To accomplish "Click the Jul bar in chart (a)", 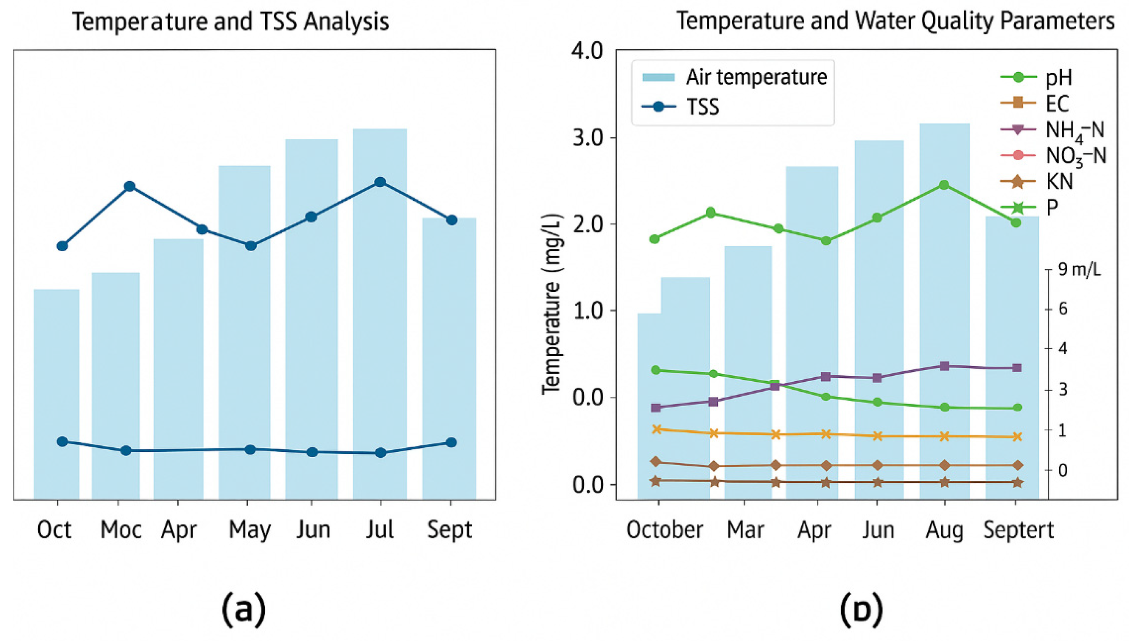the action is pyautogui.click(x=380, y=313).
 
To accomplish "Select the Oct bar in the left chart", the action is pyautogui.click(x=56, y=394).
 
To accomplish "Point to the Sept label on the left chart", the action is pyautogui.click(x=449, y=529).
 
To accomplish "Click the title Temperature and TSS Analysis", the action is pyautogui.click(x=230, y=21).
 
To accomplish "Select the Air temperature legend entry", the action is pyautogui.click(x=734, y=77).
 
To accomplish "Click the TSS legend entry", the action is pyautogui.click(x=680, y=107).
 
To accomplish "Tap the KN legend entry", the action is pyautogui.click(x=1037, y=181).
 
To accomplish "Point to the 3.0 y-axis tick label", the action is pyautogui.click(x=587, y=138).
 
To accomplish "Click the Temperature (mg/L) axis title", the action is pyautogui.click(x=551, y=304).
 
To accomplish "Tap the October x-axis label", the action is pyautogui.click(x=665, y=529).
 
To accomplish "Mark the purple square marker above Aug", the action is pyautogui.click(x=944, y=366).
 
